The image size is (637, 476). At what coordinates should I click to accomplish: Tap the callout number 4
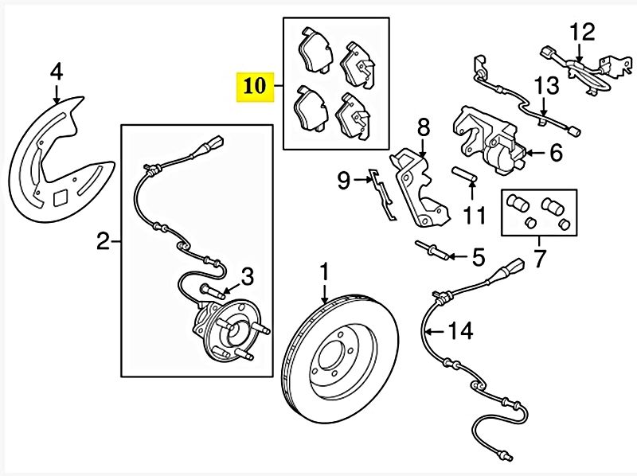click(57, 72)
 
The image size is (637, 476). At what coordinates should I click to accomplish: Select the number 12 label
click(582, 33)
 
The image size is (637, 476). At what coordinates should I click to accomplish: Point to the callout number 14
click(460, 330)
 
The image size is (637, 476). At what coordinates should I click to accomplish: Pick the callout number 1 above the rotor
click(324, 273)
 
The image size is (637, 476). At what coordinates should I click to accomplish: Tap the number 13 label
click(548, 85)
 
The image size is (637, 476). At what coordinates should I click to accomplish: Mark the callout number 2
click(103, 240)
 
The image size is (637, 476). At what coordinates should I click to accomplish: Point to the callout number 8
click(422, 125)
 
